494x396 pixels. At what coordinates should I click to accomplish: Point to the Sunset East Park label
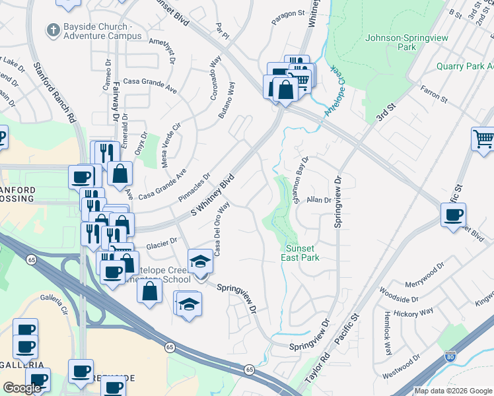tap(302, 253)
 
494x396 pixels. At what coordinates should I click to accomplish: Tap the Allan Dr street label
tap(318, 199)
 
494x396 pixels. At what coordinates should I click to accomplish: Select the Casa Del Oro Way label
tap(221, 220)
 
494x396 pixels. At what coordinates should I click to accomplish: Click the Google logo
tap(22, 388)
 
